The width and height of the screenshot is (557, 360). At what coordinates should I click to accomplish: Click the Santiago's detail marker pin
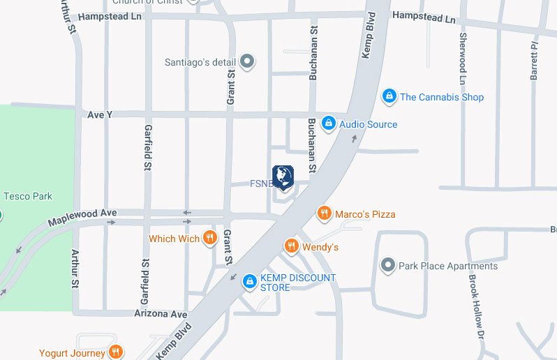pos(246,62)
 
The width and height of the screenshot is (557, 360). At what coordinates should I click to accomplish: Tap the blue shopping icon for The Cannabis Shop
pos(389,96)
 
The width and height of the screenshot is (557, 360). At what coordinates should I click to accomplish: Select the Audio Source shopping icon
pos(328,123)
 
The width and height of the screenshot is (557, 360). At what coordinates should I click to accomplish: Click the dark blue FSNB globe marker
pos(283,177)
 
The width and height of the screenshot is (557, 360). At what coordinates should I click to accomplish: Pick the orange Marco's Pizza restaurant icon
pos(323,213)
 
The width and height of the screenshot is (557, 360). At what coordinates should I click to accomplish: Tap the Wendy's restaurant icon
pos(291,246)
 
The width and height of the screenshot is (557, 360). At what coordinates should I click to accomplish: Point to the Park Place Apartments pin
pos(387,265)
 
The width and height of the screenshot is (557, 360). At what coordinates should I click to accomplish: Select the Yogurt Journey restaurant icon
pos(116,352)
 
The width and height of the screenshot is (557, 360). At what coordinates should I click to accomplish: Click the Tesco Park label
pos(28,197)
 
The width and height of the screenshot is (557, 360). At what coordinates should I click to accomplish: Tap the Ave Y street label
pos(100,114)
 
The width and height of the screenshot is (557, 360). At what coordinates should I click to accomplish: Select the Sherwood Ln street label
pos(462,53)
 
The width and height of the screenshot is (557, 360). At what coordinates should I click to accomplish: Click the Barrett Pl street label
pos(534,60)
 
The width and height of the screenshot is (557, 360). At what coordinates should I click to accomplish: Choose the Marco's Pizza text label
pos(365,214)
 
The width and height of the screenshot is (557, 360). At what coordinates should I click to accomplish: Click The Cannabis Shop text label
pos(441,97)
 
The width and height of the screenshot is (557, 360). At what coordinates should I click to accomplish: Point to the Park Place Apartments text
pos(448,266)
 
